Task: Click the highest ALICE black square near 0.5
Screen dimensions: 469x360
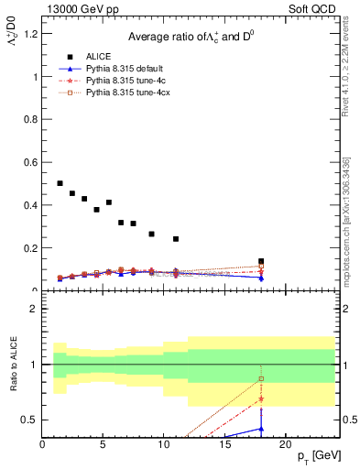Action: point(60,183)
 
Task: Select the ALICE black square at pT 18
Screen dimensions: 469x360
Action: point(261,261)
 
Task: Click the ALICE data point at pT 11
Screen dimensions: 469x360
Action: point(176,239)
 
